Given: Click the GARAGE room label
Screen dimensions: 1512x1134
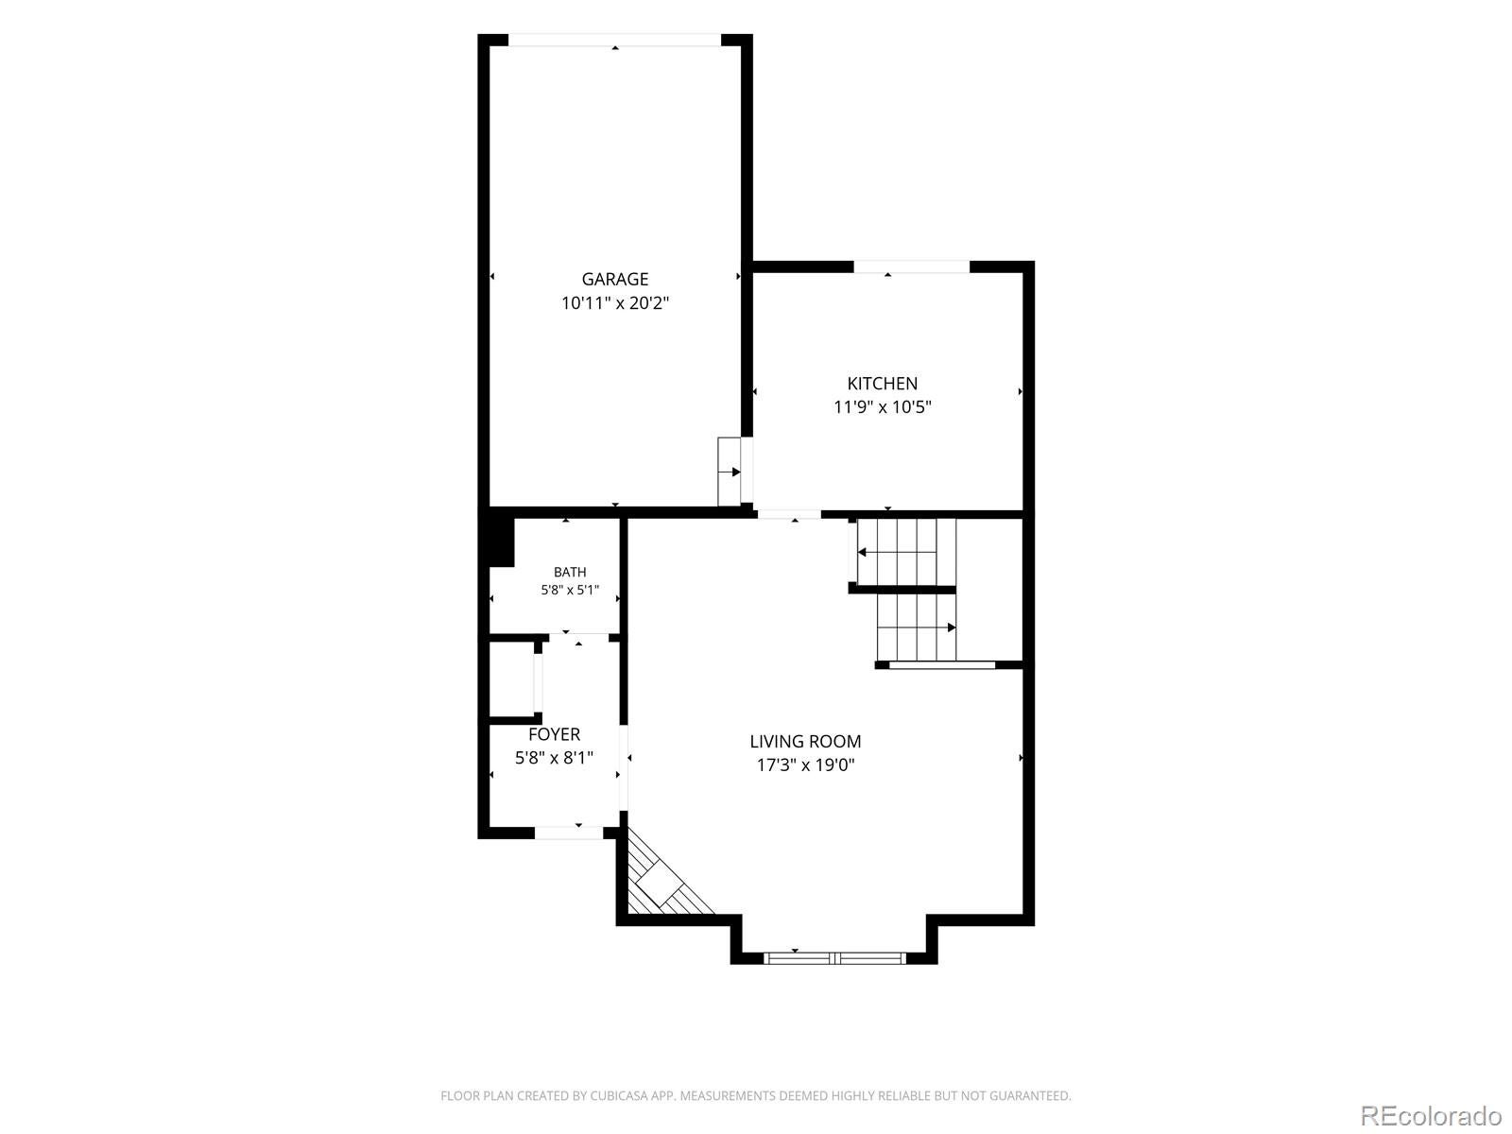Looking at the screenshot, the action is pos(614,279).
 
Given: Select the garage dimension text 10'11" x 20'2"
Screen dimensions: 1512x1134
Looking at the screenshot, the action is pos(614,303).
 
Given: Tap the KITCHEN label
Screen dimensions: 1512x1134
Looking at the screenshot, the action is pos(882,384).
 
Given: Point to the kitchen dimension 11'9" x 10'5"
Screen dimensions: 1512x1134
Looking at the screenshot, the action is pos(882,407).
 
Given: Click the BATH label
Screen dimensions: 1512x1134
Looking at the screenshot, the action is pos(570,572).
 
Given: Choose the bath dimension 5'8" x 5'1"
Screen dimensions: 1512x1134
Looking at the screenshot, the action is pos(570,590).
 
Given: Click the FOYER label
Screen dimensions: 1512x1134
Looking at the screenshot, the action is pos(554,734).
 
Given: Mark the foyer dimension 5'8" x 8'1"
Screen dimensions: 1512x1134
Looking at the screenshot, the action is pos(554,757).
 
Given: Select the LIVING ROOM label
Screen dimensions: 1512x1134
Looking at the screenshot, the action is pos(805,742).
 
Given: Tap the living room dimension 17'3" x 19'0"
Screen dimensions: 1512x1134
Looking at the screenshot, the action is pos(805,765).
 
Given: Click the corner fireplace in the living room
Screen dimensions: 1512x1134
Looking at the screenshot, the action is pos(662,883).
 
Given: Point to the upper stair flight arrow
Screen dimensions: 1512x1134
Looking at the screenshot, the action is pos(897,552).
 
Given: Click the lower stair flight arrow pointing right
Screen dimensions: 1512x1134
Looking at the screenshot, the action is pos(917,627).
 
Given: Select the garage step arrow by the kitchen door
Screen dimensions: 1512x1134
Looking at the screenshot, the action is pos(729,472).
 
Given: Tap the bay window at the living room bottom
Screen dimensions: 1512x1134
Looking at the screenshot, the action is pos(834,957).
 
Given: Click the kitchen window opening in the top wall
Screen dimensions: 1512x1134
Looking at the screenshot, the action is pos(911,267).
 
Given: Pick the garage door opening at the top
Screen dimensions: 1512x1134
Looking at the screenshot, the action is pos(614,40).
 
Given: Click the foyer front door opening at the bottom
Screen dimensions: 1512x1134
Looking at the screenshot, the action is pos(569,833).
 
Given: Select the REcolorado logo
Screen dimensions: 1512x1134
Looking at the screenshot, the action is pos(1431,1115).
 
